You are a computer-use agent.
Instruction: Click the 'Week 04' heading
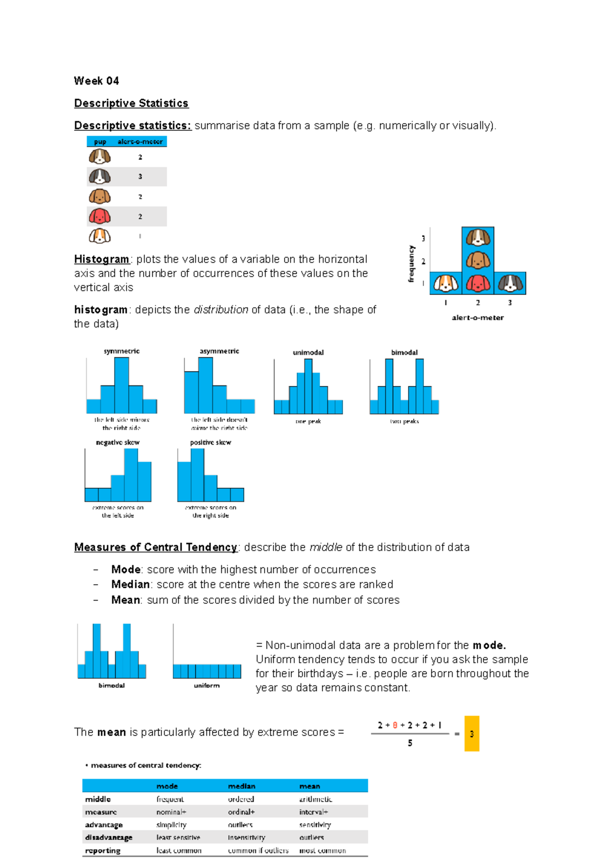coord(96,81)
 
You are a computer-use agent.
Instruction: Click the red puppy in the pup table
coord(100,216)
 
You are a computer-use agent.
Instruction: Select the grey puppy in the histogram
coord(510,283)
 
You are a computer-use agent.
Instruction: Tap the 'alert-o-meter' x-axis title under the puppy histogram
coord(478,317)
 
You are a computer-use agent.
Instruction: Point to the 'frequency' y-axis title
coord(411,264)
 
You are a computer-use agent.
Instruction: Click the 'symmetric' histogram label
coord(122,351)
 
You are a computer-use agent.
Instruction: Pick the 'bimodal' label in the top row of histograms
coord(404,352)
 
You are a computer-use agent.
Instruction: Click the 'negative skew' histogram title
coord(117,442)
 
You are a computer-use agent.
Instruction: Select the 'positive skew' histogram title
coord(210,442)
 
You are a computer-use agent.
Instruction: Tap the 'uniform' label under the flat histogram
coord(206,686)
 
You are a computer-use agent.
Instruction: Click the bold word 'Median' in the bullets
coord(130,584)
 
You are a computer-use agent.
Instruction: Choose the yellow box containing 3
coord(471,734)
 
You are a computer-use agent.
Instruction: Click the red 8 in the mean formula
coord(395,725)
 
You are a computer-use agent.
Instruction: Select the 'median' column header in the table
coord(242,786)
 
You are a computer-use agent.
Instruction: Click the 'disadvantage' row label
coord(109,837)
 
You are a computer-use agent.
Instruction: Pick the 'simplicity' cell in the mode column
coord(171,825)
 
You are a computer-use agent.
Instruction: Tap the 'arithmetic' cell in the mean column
coord(315,799)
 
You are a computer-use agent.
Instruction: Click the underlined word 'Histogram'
coord(102,259)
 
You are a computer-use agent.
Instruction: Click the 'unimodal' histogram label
coord(308,352)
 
